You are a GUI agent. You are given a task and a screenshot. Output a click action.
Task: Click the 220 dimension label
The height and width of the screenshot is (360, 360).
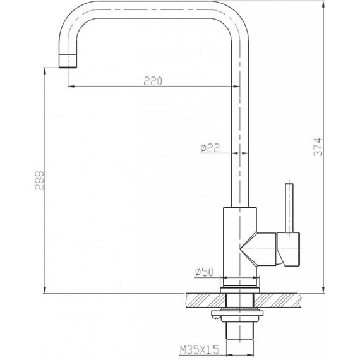(x=152, y=80)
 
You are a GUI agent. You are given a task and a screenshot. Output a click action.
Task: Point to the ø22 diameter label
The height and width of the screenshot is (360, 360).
(x=209, y=147)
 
